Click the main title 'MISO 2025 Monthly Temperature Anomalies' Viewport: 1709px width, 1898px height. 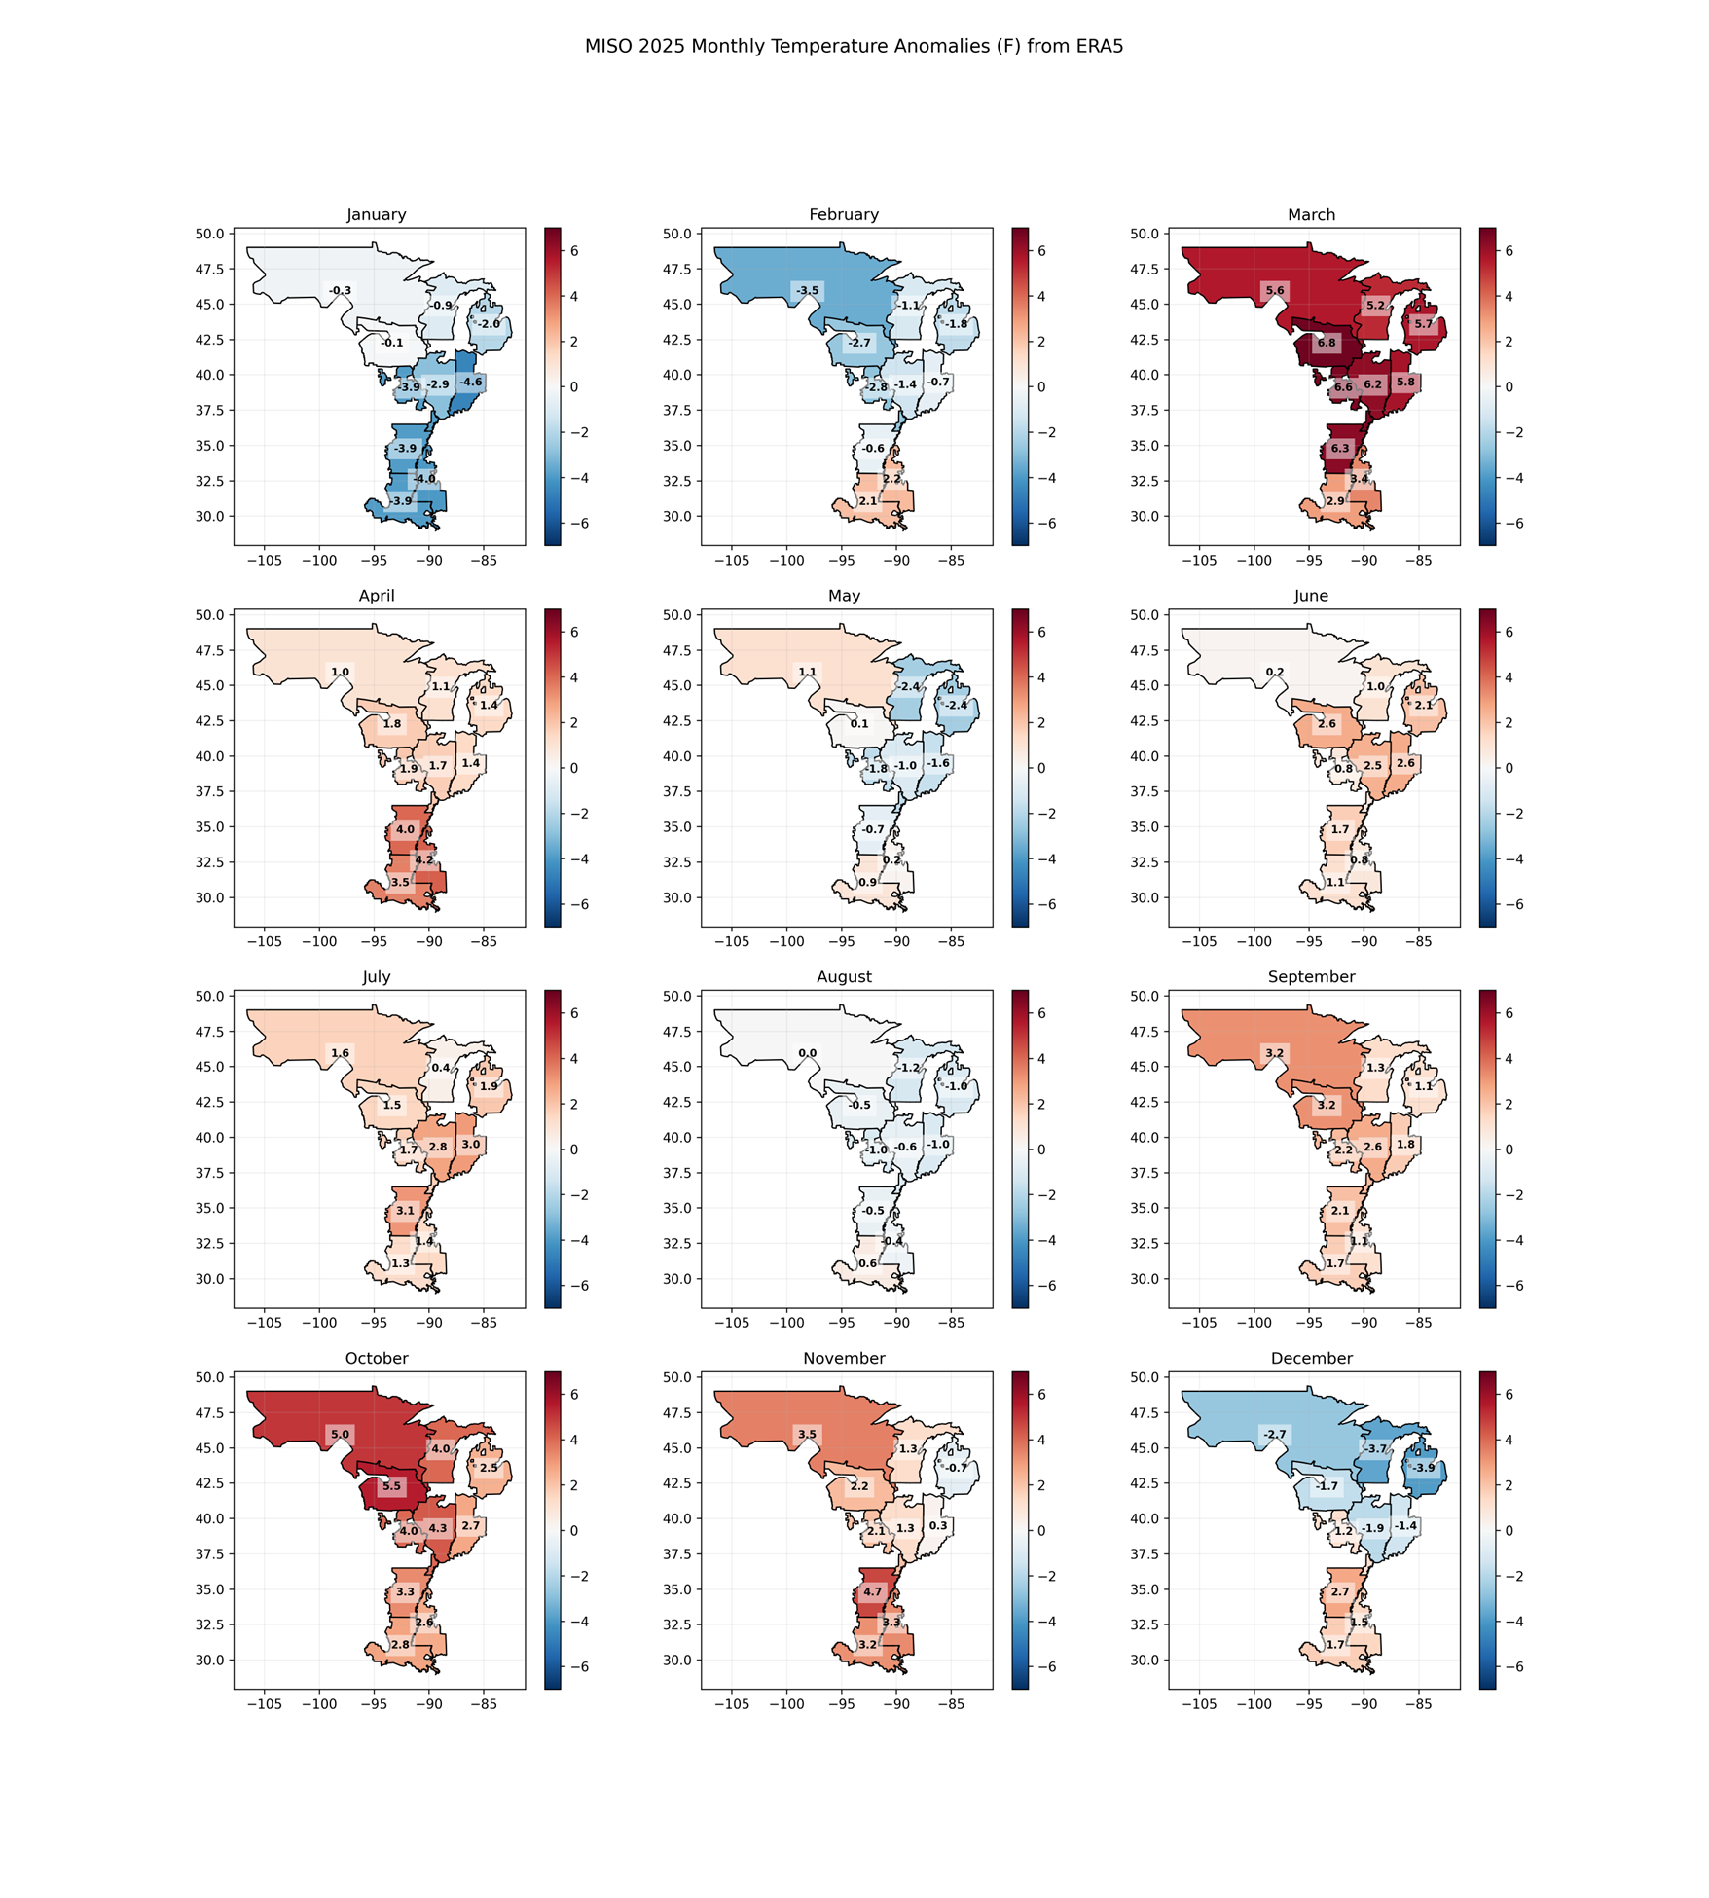click(854, 47)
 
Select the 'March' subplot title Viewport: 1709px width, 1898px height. click(1311, 214)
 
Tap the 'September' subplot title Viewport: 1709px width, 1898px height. click(1311, 976)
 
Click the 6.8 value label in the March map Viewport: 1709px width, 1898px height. click(1327, 343)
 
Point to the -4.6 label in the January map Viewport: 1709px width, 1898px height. click(470, 383)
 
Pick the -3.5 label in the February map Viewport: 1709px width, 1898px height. click(807, 290)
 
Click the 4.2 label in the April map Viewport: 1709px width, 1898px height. click(424, 859)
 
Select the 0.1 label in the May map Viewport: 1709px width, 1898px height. click(859, 724)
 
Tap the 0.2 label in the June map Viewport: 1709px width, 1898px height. click(1275, 672)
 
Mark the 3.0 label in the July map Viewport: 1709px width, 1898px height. click(470, 1145)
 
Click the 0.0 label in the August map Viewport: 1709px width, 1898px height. click(807, 1053)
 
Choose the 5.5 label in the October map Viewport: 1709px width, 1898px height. click(391, 1486)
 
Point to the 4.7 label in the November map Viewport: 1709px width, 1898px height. click(872, 1592)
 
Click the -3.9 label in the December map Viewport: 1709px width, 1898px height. click(1423, 1468)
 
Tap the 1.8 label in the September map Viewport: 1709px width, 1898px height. click(1405, 1145)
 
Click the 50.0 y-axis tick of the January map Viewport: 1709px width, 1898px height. click(209, 234)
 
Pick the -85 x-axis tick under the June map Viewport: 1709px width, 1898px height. click(1419, 941)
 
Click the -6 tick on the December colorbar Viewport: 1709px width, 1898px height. click(1509, 1667)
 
